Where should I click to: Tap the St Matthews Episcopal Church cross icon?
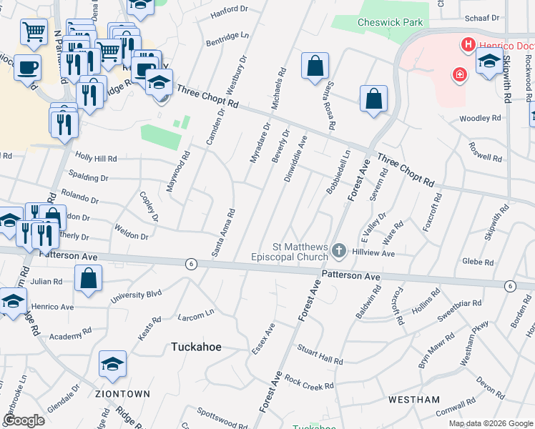(x=339, y=251)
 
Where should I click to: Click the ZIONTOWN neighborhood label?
(x=122, y=394)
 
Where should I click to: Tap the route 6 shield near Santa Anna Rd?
(x=190, y=264)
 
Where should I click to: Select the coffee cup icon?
(x=27, y=67)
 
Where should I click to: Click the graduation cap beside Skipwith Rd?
(x=489, y=61)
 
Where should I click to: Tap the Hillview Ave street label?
(x=373, y=253)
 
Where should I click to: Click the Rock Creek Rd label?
(x=308, y=383)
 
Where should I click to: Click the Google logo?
(x=24, y=420)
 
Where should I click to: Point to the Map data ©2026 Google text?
(x=490, y=423)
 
